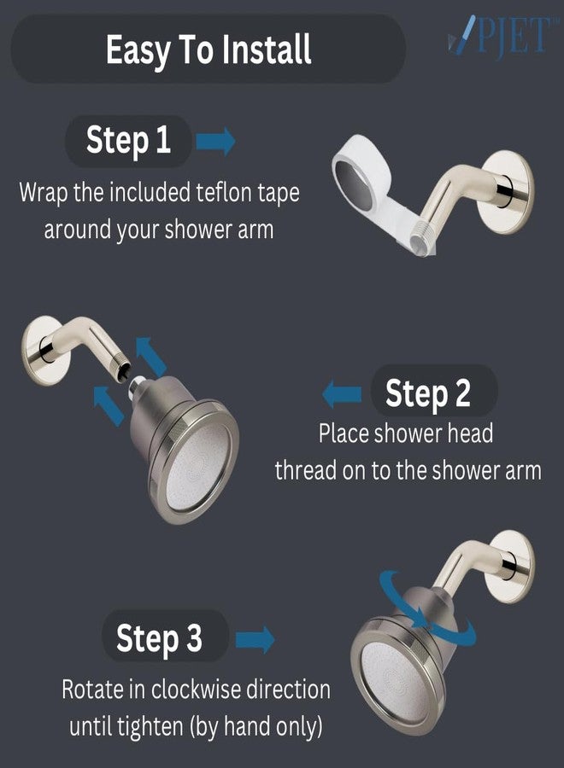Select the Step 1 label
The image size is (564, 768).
[x=128, y=141]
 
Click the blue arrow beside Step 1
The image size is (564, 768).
[x=215, y=141]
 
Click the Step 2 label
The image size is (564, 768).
[x=427, y=393]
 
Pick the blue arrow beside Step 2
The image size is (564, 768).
[x=342, y=393]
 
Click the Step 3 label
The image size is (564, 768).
[x=159, y=638]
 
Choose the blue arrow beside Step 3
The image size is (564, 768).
[x=255, y=639]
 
